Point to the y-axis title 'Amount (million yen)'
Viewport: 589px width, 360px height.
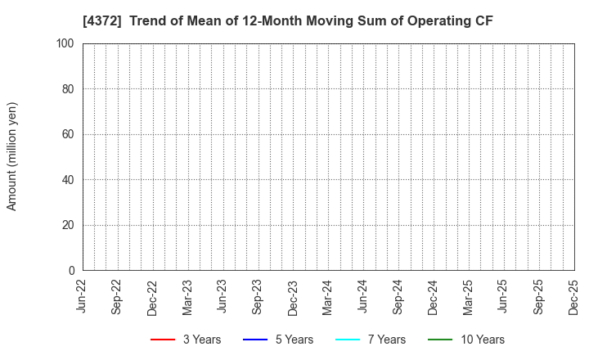pyautogui.click(x=12, y=156)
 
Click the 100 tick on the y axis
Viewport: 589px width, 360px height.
pyautogui.click(x=65, y=43)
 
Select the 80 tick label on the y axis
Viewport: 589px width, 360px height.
pyautogui.click(x=69, y=89)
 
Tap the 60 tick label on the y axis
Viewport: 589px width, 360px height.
pyautogui.click(x=69, y=134)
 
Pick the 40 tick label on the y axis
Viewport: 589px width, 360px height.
pyautogui.click(x=69, y=180)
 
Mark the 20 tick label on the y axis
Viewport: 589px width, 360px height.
pyautogui.click(x=69, y=225)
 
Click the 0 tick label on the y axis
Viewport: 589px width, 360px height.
pyautogui.click(x=72, y=271)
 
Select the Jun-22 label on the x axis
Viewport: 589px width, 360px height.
pyautogui.click(x=83, y=297)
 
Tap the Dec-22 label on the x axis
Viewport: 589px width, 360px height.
pyautogui.click(x=153, y=297)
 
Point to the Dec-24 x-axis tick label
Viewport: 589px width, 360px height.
pyautogui.click(x=434, y=297)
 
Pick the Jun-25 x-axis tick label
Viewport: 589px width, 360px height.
pyautogui.click(x=504, y=297)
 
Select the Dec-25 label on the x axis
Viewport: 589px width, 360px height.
pyautogui.click(x=574, y=297)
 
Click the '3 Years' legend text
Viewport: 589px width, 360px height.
pyautogui.click(x=201, y=340)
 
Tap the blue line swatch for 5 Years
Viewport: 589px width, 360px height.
pyautogui.click(x=256, y=340)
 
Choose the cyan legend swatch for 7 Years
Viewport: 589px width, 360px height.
pyautogui.click(x=348, y=340)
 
